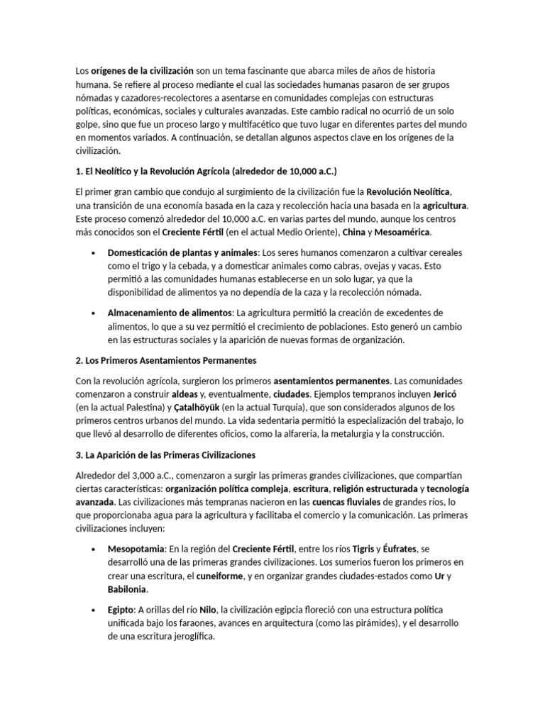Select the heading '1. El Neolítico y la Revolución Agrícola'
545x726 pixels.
tap(206, 172)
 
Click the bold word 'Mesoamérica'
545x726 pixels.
tap(403, 232)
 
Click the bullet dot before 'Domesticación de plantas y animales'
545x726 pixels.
tap(94, 252)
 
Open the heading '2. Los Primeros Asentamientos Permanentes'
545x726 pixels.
tap(165, 360)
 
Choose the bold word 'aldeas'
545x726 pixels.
tap(186, 394)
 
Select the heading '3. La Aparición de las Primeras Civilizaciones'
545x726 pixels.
tap(165, 454)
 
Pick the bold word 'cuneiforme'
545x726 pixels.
tap(219, 576)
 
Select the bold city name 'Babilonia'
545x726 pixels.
tap(128, 589)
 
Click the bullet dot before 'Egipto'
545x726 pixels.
tap(94, 610)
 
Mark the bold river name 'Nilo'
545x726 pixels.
tap(207, 610)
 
